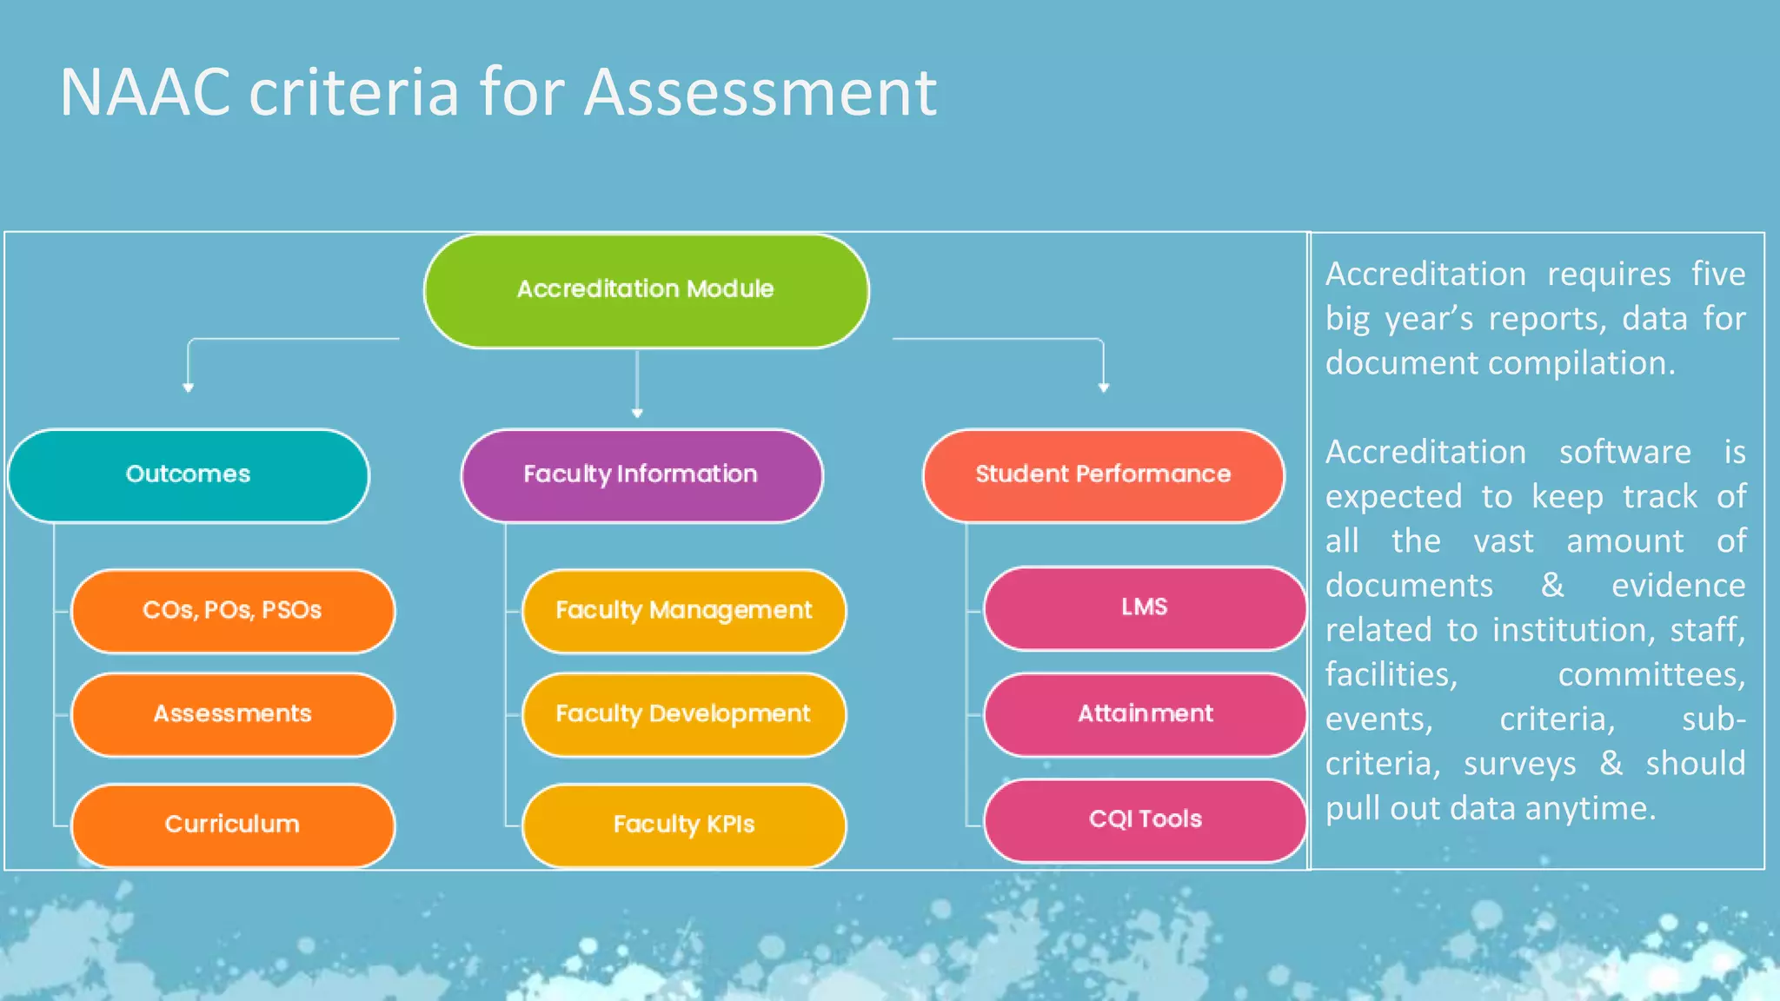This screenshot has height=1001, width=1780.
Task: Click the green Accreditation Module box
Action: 646,290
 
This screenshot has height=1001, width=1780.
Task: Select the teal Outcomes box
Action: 189,475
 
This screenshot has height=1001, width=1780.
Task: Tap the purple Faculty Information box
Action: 641,475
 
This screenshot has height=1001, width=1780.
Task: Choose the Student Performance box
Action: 1103,475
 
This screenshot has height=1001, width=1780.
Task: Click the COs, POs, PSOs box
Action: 232,611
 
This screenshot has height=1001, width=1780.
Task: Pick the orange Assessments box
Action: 232,714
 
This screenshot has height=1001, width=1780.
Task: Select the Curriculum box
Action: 232,825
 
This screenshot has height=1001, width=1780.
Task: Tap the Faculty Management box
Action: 684,611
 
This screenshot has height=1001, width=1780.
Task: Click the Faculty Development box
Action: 684,714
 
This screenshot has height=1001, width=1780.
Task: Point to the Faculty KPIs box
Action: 684,825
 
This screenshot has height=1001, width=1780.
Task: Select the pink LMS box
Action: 1145,607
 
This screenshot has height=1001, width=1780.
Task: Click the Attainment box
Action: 1145,714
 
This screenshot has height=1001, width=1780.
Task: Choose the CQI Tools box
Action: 1145,819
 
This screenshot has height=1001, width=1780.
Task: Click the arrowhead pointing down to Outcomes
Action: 189,388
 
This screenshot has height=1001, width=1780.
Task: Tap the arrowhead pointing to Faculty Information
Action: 637,413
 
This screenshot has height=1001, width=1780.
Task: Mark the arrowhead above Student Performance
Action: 1103,388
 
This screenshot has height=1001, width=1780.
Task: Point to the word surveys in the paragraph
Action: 1519,764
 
